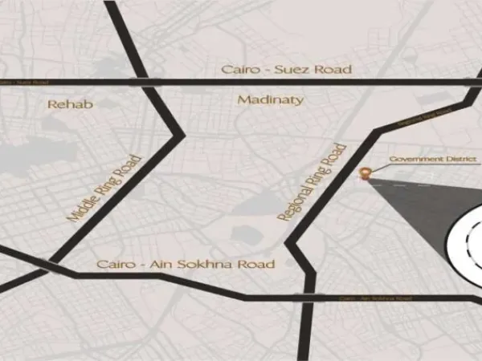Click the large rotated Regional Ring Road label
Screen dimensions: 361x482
[x=312, y=184]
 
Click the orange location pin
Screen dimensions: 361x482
[x=366, y=172]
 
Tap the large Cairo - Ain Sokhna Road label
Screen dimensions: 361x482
[x=186, y=264]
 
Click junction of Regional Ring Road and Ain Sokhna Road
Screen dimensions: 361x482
[x=307, y=298]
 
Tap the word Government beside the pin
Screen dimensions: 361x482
[x=410, y=160]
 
